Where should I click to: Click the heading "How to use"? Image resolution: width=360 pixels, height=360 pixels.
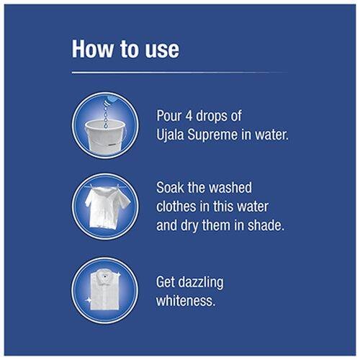tap(125, 49)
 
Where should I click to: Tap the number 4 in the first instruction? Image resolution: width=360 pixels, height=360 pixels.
tap(189, 116)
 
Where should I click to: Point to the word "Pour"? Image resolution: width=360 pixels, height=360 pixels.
tap(169, 116)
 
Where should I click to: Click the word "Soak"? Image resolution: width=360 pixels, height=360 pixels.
tap(170, 187)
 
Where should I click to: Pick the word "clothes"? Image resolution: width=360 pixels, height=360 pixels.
tap(176, 207)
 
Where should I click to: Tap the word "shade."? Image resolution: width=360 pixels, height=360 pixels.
tap(266, 225)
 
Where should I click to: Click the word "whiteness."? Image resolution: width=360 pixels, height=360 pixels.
tap(186, 300)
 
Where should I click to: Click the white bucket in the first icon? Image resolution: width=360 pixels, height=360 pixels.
tap(106, 135)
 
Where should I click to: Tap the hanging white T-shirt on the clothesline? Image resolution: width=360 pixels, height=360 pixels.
tap(107, 207)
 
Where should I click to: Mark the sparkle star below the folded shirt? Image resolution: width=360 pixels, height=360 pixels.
tap(89, 300)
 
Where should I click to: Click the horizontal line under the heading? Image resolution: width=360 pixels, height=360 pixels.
tap(180, 72)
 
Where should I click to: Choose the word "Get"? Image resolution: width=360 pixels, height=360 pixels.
tap(166, 282)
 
